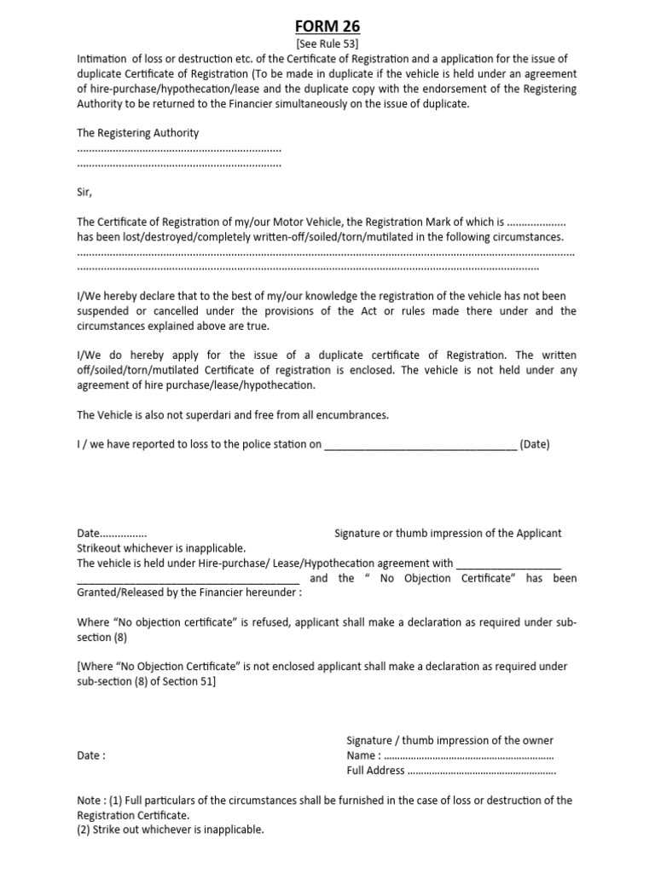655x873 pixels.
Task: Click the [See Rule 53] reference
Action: (x=327, y=43)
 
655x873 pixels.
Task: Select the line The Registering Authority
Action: (x=138, y=133)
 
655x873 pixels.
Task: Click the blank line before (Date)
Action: (x=420, y=444)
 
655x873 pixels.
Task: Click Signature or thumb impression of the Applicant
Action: (x=448, y=533)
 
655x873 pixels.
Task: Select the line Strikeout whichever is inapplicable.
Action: (x=161, y=547)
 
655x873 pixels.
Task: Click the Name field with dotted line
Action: (x=449, y=755)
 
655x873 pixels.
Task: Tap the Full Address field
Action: (x=451, y=771)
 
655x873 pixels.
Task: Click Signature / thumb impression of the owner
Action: (x=449, y=740)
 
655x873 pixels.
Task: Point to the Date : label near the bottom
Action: (x=91, y=755)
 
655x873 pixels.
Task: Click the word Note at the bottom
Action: (x=90, y=800)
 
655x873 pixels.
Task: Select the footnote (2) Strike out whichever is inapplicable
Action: (x=171, y=830)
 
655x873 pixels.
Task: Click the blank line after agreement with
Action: (x=509, y=564)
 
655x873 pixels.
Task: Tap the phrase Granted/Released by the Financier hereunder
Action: (x=189, y=593)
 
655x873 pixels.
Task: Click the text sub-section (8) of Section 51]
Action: (x=147, y=681)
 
